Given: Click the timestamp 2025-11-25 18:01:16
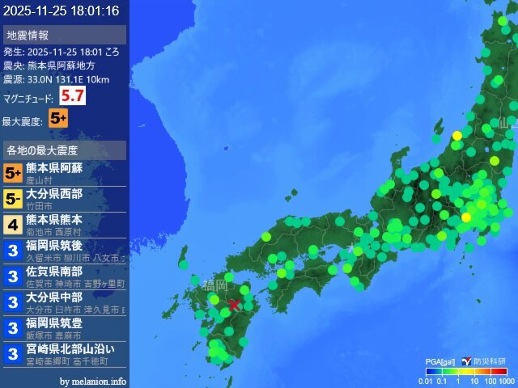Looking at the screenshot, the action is pyautogui.click(x=61, y=11).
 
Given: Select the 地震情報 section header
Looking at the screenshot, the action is pyautogui.click(x=28, y=35).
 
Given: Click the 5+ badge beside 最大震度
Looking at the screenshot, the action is pyautogui.click(x=58, y=118).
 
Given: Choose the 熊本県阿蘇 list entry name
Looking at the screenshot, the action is pyautogui.click(x=54, y=168).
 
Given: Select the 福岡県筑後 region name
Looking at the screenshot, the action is pyautogui.click(x=54, y=246).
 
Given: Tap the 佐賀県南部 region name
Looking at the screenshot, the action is pyautogui.click(x=54, y=272).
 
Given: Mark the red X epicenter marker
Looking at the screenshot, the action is pyautogui.click(x=234, y=305).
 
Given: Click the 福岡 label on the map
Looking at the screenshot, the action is pyautogui.click(x=215, y=285).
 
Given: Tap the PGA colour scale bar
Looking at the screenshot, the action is pyautogui.click(x=466, y=371).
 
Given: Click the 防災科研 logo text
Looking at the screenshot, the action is pyautogui.click(x=490, y=361).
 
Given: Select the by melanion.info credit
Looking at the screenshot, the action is pyautogui.click(x=93, y=381).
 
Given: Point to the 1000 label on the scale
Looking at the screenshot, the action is pyautogui.click(x=507, y=380).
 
